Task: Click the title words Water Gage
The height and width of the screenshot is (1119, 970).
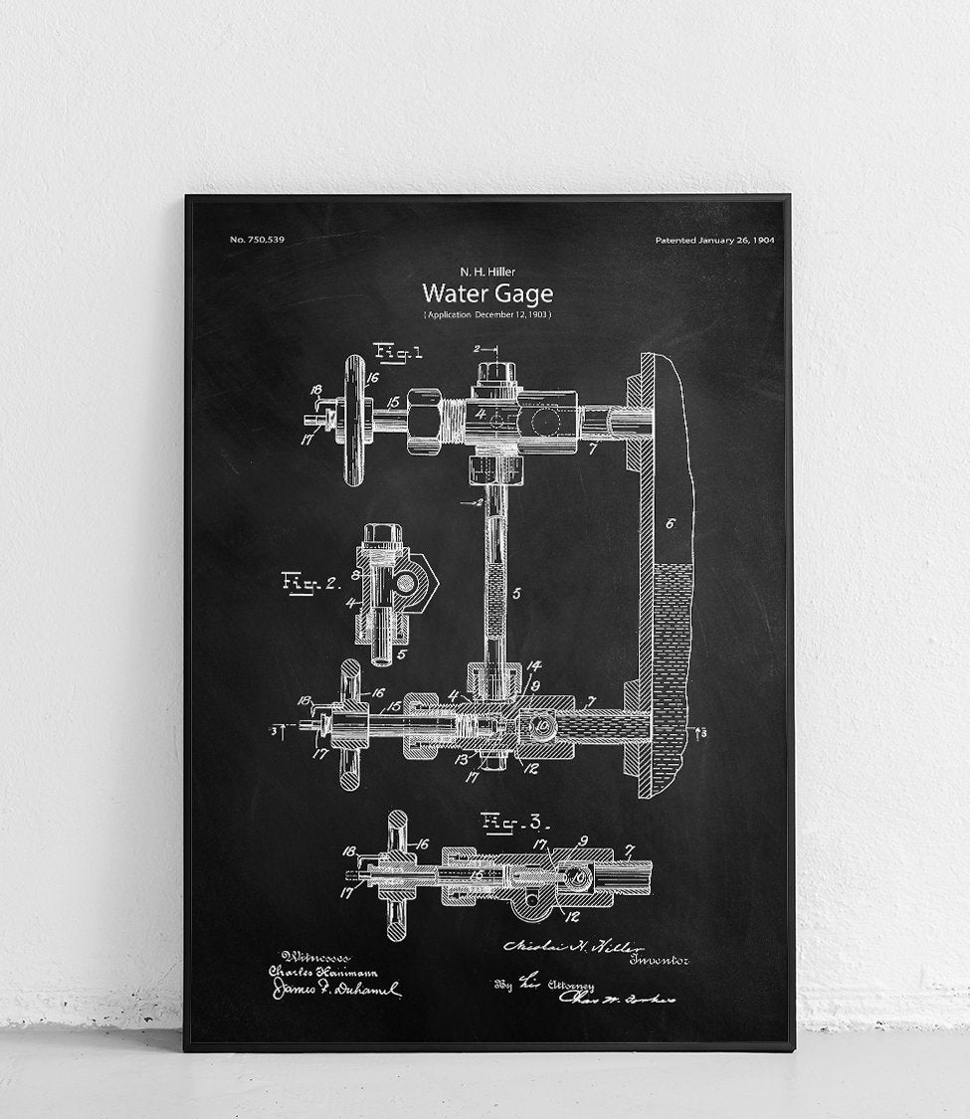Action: tap(486, 293)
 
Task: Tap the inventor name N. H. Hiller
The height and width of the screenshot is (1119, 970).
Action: tap(486, 271)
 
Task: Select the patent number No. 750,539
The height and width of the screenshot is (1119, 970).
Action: tap(257, 240)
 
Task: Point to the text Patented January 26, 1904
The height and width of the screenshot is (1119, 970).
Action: tap(714, 240)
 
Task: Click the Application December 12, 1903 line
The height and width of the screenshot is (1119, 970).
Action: tap(486, 314)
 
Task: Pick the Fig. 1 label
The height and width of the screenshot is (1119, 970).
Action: tap(398, 350)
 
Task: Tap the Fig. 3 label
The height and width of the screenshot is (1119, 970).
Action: tap(510, 821)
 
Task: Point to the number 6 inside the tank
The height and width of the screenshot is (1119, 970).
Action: tap(671, 524)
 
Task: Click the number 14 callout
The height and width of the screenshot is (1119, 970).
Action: tap(534, 666)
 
